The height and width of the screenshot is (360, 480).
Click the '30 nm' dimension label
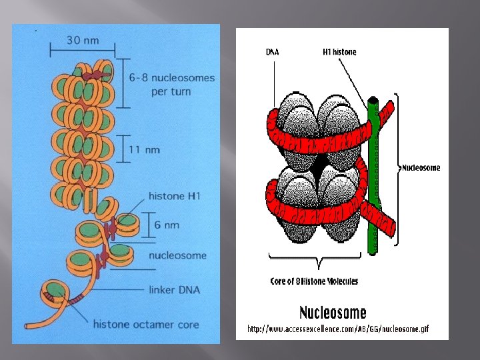tap(82, 40)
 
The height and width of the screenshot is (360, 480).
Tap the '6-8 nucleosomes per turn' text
tap(172, 85)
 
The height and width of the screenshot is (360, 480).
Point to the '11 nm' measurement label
tap(143, 149)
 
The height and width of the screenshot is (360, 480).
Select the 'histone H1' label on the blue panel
tap(174, 196)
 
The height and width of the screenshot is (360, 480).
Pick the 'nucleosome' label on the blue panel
tap(177, 255)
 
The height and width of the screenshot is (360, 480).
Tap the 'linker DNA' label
tap(175, 290)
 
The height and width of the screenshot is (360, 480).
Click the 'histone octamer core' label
tap(145, 325)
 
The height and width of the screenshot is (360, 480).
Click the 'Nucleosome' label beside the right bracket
tap(421, 168)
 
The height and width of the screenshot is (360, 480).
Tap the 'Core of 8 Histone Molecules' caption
tap(314, 281)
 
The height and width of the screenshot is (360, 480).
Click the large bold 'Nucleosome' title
tap(333, 312)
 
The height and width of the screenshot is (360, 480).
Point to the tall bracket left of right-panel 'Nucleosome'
tap(398, 167)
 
